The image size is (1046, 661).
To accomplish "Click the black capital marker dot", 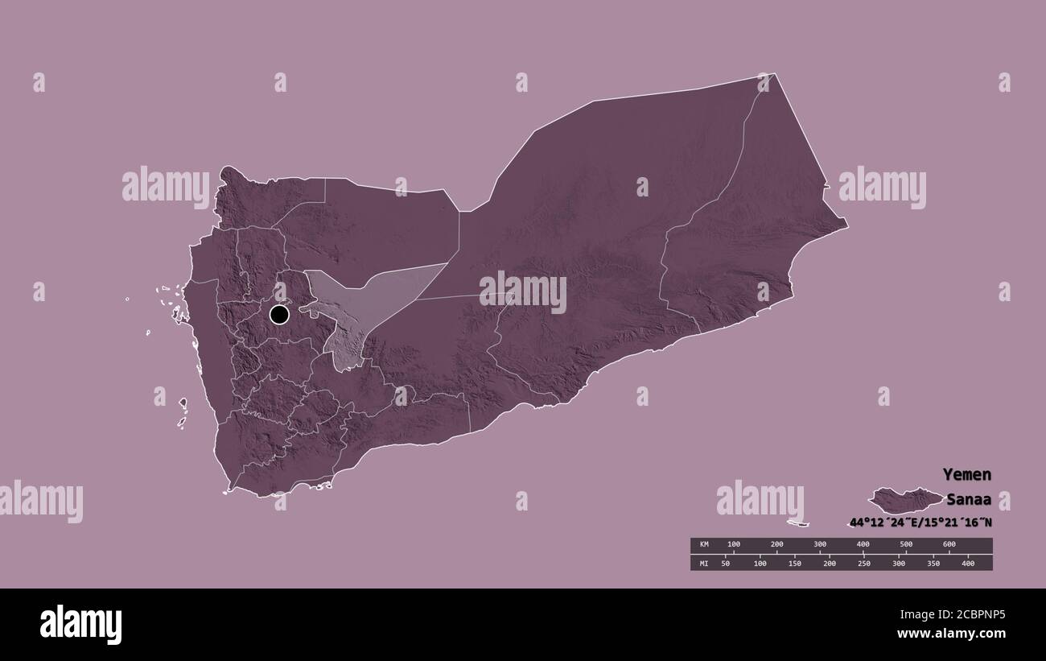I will pos(279,314).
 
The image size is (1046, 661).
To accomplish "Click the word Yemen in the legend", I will pos(967,474).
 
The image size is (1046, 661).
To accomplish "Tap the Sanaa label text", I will pos(969,498).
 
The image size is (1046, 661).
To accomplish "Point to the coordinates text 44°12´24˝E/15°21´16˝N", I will pos(920,523).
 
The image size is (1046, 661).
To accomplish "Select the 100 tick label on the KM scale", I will pos(734,545).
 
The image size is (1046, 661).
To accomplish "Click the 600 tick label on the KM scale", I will pos(949,545).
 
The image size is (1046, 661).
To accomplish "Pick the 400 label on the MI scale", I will pos(968,564).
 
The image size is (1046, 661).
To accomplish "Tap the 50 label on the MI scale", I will pos(725,564).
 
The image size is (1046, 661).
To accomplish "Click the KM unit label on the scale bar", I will pos(703,545).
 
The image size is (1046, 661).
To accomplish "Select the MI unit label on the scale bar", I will pos(703,564).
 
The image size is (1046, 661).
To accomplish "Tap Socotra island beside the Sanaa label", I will pos(905,500).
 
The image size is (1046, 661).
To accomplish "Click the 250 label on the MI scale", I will pos(863,564).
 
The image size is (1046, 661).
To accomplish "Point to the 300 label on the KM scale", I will pos(820,545).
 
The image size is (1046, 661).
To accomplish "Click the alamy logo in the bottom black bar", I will pos(80,625).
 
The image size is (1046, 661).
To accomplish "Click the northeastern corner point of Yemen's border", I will pos(774,75).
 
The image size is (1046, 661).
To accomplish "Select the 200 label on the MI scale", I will pos(829,564).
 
